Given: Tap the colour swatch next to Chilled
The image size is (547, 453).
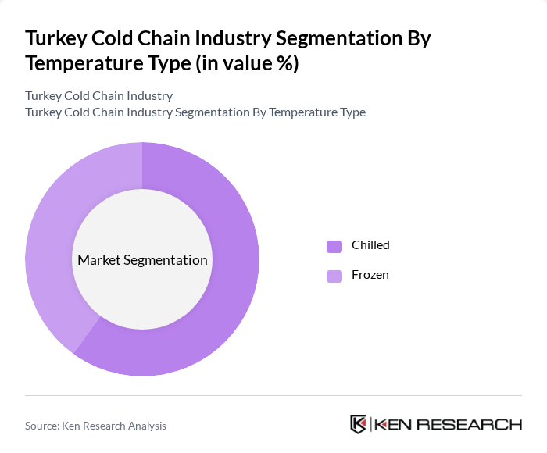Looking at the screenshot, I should (334, 245).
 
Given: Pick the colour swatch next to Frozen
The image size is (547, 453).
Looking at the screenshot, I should (334, 275).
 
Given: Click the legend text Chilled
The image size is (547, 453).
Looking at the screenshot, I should (370, 245).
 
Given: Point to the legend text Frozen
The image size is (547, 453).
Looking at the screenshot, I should (370, 275).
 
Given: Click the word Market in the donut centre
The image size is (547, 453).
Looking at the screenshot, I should (98, 260).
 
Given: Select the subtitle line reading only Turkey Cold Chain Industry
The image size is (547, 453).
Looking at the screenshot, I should (99, 95).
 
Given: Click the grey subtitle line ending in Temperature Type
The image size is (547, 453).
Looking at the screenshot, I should (195, 112).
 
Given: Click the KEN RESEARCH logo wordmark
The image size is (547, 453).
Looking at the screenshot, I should (448, 425).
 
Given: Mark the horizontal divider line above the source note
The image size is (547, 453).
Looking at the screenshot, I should (273, 396).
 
